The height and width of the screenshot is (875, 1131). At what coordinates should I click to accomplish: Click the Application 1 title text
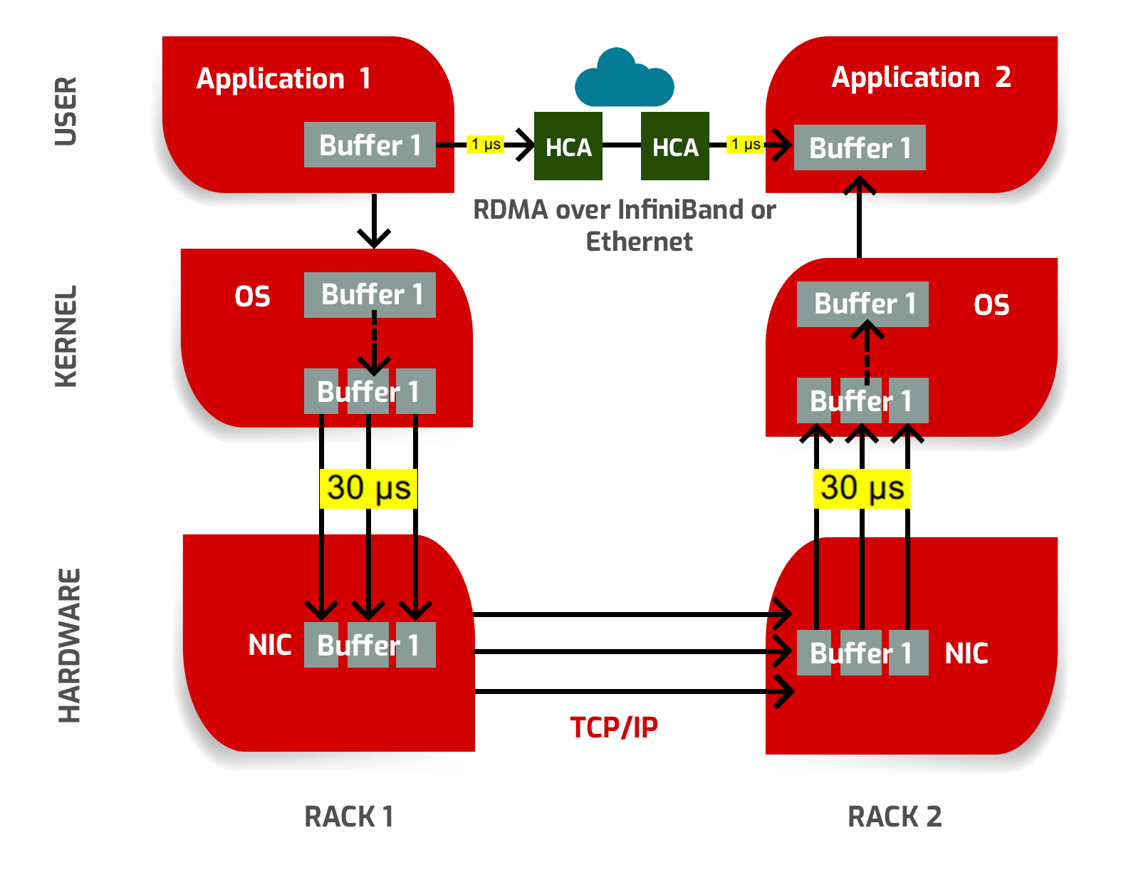tap(283, 79)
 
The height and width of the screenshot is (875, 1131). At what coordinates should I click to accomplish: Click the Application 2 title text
tap(921, 78)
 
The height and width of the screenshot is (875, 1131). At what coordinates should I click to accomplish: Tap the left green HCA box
tap(568, 147)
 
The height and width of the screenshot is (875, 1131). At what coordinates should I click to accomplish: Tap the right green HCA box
tap(675, 147)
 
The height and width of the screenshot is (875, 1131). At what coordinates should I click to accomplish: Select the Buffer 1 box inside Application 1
tap(370, 145)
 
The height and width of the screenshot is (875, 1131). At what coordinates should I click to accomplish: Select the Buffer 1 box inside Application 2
tap(860, 148)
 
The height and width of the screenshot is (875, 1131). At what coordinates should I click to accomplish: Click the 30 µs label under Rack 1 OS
tap(368, 489)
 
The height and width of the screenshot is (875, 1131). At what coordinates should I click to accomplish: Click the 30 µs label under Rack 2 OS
tap(862, 489)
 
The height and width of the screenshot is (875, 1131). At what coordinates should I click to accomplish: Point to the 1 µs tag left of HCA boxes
tap(486, 145)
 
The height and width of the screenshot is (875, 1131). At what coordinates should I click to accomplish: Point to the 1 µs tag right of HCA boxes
tap(745, 145)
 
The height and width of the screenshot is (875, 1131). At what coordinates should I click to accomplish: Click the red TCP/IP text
tap(613, 728)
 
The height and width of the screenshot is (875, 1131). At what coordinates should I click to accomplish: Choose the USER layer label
tap(66, 111)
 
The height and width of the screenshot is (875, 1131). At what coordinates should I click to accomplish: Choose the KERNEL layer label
tap(66, 336)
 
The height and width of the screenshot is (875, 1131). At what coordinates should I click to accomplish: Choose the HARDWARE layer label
tap(69, 646)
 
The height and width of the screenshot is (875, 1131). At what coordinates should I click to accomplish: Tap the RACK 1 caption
tap(348, 817)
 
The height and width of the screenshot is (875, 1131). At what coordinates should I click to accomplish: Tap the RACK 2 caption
tap(895, 817)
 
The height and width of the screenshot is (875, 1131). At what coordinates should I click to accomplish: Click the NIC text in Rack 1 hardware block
tap(269, 646)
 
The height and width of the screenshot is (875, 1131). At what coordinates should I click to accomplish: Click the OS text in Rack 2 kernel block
tap(991, 306)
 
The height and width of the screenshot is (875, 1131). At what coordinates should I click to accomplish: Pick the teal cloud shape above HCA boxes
tap(625, 78)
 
